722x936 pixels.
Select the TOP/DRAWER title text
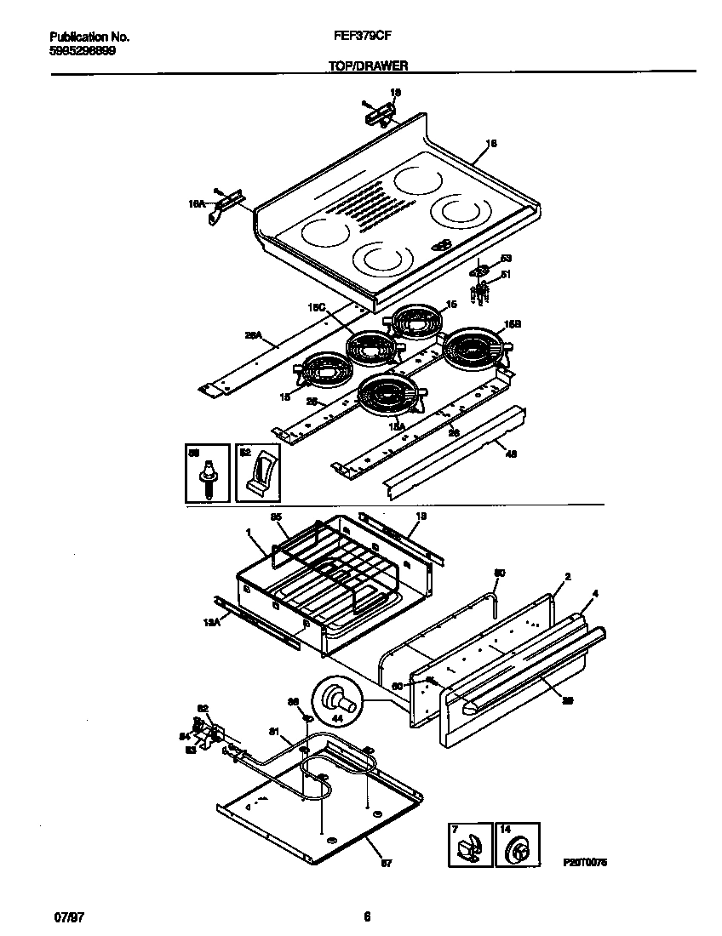point(367,65)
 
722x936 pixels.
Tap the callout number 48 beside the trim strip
point(511,453)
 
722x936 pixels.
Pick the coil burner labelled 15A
point(389,397)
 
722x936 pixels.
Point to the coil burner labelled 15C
point(371,348)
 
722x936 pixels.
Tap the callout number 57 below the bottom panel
point(385,865)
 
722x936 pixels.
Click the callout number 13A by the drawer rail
point(212,623)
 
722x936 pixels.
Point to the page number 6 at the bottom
point(367,916)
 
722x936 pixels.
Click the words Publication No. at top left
point(89,37)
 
